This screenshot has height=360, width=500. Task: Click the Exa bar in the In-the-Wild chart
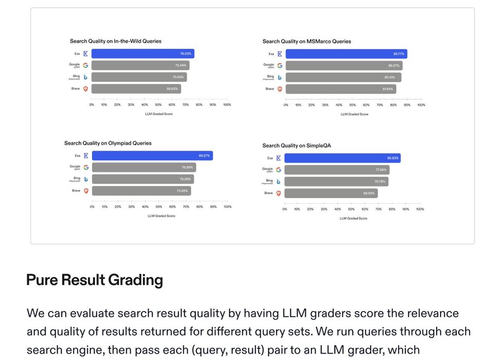(x=142, y=53)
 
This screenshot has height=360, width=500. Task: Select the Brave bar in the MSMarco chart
(x=340, y=89)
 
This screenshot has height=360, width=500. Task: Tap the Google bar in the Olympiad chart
(x=143, y=167)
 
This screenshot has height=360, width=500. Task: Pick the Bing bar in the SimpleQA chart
(x=336, y=182)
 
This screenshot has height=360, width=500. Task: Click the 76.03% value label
(x=186, y=53)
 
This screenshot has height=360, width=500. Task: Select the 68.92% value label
(x=369, y=193)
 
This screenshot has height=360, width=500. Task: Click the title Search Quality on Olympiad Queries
(x=108, y=143)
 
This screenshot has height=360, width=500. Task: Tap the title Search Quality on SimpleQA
(x=297, y=146)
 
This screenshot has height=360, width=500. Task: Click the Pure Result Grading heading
(x=95, y=280)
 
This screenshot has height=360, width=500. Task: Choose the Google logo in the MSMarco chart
(x=280, y=65)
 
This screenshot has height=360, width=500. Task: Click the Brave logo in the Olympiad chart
(x=86, y=191)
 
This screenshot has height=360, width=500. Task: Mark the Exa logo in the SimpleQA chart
(x=279, y=158)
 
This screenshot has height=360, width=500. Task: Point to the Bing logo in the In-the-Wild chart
(x=86, y=77)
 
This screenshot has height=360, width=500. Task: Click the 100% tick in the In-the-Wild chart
(x=227, y=105)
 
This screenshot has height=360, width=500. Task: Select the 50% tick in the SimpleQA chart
(x=351, y=209)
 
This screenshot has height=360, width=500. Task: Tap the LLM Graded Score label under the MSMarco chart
(x=354, y=114)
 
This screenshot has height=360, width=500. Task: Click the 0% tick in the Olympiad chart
(x=92, y=207)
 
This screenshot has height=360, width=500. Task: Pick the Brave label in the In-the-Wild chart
(x=76, y=88)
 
